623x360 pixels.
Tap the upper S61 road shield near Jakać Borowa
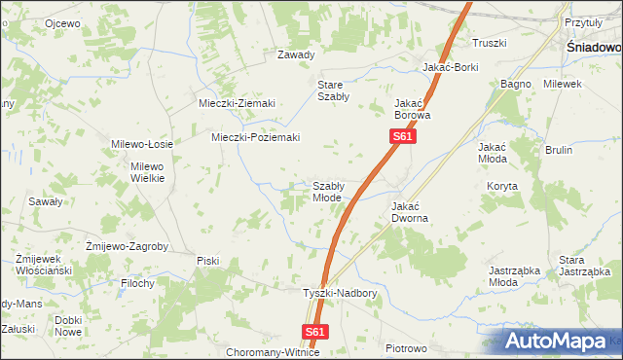404,138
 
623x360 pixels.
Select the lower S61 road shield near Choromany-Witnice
313,332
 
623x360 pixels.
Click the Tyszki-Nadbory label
339,293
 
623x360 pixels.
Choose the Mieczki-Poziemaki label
255,137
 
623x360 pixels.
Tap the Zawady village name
296,54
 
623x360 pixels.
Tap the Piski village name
208,260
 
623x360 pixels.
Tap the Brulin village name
558,150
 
